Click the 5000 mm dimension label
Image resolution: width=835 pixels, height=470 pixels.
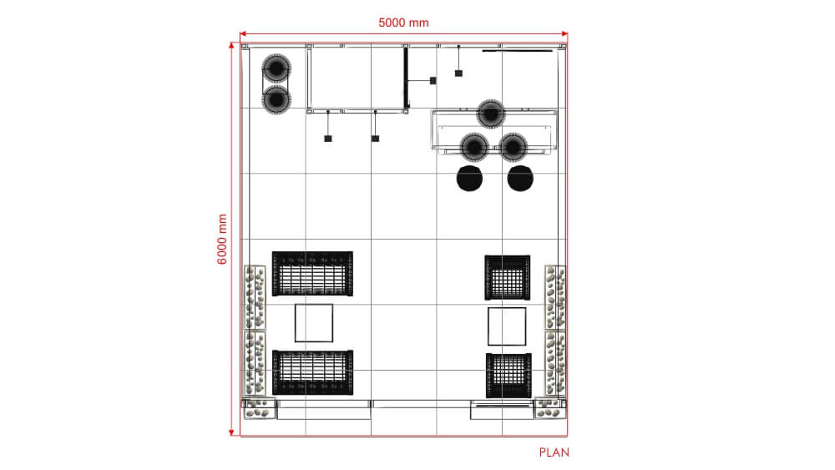[403, 23]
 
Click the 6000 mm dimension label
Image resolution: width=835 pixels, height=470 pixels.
[223, 239]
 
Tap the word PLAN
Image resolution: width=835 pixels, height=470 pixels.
[554, 452]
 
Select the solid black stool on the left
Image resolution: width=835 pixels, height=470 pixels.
[469, 179]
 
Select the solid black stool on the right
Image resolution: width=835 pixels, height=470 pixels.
[520, 179]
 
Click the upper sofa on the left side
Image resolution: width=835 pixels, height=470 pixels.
[312, 274]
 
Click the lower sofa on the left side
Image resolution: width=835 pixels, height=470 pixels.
[312, 372]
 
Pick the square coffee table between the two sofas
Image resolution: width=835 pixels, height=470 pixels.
[314, 323]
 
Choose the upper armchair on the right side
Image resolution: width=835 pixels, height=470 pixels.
[508, 277]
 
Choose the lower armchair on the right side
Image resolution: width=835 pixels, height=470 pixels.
[509, 376]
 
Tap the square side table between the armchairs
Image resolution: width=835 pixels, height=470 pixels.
[507, 326]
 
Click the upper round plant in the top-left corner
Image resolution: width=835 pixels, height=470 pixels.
[276, 68]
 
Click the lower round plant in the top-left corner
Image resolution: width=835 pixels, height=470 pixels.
[276, 99]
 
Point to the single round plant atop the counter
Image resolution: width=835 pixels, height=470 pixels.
[490, 114]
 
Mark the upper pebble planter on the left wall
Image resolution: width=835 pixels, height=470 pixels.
[255, 297]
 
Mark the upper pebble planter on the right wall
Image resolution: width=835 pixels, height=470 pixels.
[555, 297]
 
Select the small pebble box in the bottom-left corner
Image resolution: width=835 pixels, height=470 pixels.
[260, 408]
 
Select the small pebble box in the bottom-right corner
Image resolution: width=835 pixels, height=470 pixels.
[549, 408]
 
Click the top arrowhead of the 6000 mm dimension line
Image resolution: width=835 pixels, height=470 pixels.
[231, 45]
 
